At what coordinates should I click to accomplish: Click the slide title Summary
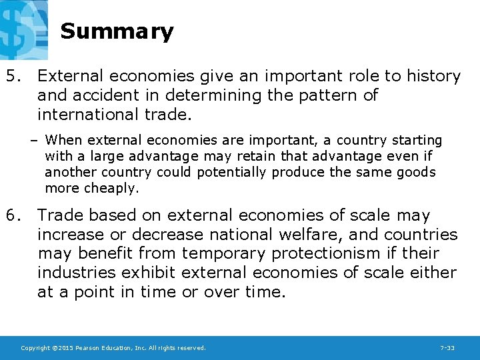(117, 31)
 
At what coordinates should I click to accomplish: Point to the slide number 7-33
(447, 348)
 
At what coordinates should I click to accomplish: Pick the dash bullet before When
(33, 141)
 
